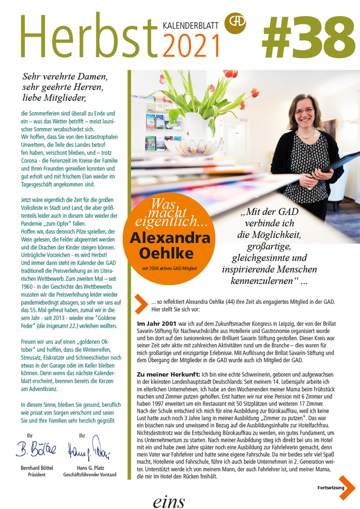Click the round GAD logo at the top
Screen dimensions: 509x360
coord(234,20)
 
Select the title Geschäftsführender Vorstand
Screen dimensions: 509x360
coord(90,474)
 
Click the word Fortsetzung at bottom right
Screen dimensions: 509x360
coord(331,488)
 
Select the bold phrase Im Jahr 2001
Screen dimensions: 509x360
coord(157,324)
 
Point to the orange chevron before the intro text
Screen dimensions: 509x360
coord(141,304)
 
